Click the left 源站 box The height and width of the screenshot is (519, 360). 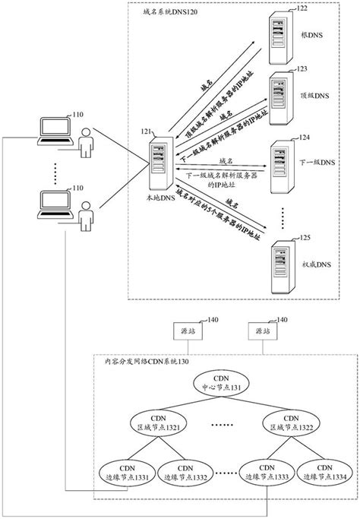[187, 332]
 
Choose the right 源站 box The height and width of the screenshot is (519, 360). [263, 332]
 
